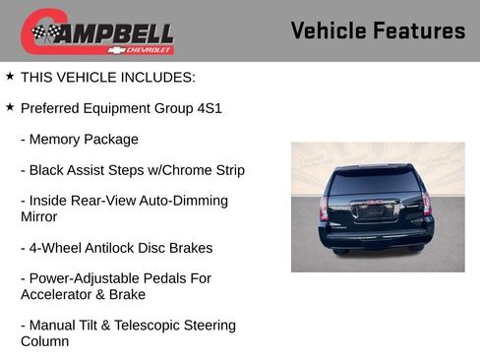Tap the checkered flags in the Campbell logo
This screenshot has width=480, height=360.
click(x=45, y=33)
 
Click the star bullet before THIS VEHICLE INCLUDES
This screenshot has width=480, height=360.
click(x=10, y=75)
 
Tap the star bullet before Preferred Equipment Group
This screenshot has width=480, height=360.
click(x=10, y=106)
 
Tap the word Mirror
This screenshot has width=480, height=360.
click(x=39, y=216)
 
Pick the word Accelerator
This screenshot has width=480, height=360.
click(x=60, y=294)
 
